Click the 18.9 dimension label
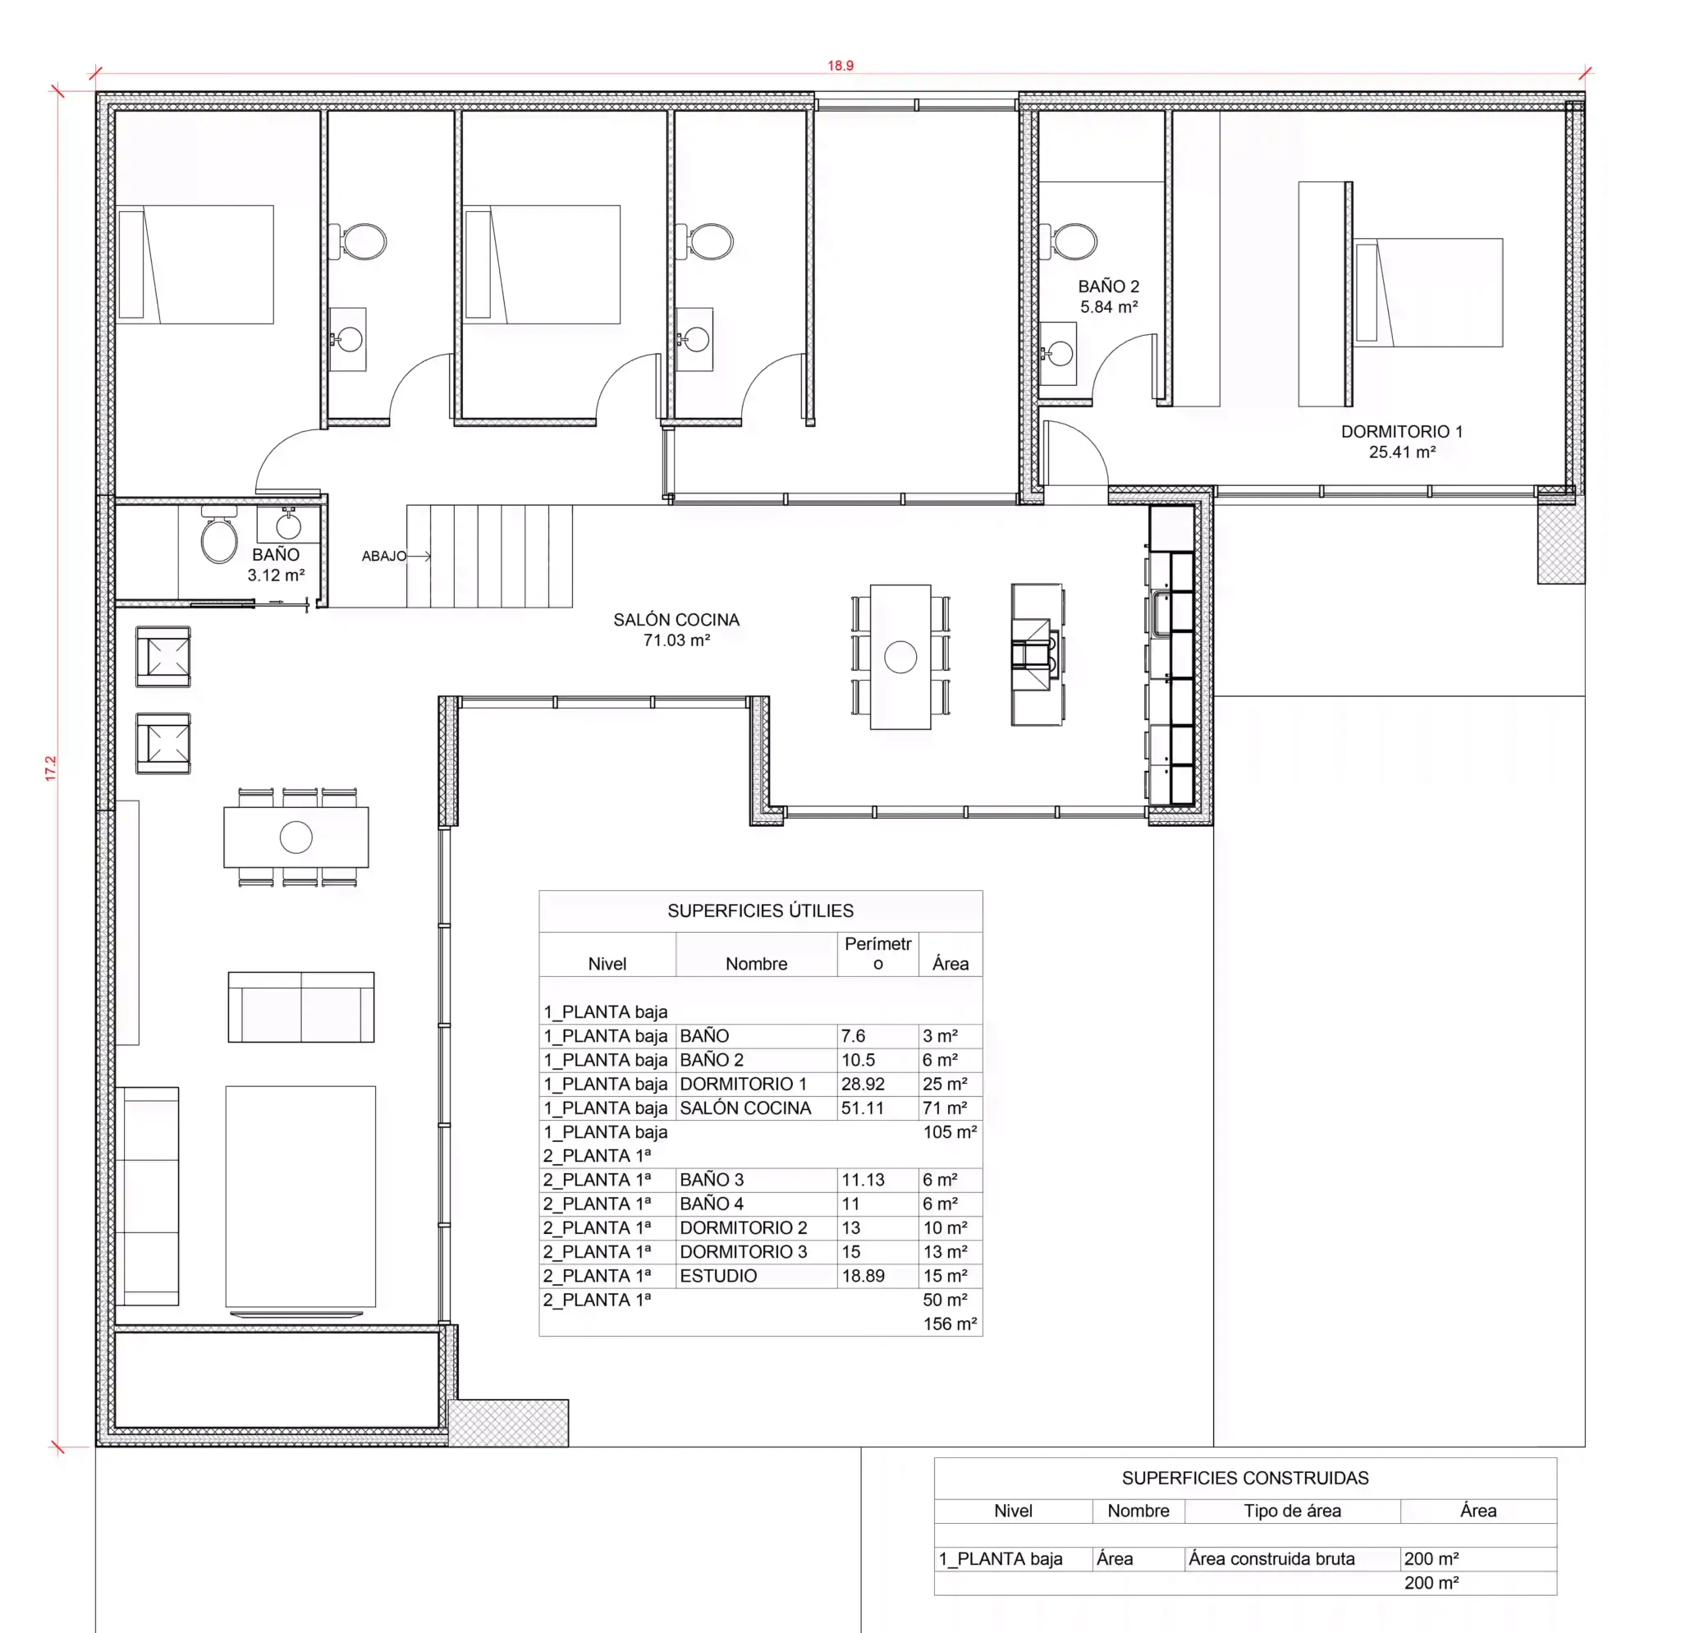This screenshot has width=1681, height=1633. point(840,65)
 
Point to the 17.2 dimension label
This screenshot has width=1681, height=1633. point(51,768)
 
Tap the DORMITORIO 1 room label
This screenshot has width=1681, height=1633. point(1401,442)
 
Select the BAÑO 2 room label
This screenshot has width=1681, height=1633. point(1108,296)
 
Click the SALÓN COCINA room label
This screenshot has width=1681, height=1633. point(676,630)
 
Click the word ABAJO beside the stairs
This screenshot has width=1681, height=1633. point(383,556)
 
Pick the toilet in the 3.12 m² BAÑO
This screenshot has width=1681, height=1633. point(218,534)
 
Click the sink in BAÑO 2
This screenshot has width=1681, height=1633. point(1058,353)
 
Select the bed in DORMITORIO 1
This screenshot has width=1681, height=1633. point(1428,292)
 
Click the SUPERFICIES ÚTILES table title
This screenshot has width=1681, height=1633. point(761,911)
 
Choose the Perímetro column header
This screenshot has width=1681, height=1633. point(877,954)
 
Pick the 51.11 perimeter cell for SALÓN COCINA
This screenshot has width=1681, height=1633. point(862,1108)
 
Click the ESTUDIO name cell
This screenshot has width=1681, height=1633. point(718,1276)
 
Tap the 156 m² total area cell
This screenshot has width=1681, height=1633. point(950,1324)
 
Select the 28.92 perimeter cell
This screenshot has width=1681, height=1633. point(862,1084)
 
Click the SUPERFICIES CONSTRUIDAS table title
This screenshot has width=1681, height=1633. point(1244,1479)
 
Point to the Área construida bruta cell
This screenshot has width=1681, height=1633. point(1271,1559)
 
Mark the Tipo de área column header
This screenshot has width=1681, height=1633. point(1292,1511)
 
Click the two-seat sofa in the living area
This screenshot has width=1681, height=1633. point(301,1007)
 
